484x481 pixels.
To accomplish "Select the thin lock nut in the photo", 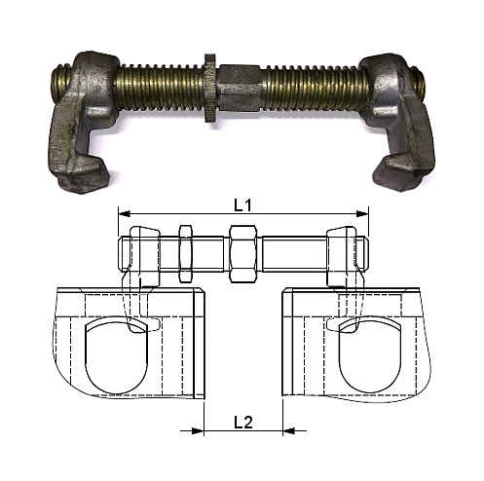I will (208, 86).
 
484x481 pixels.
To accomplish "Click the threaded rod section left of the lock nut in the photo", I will (161, 87).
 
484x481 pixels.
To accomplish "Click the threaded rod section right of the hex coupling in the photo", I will (312, 87).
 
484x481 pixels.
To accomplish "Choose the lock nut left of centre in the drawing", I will (185, 251).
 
